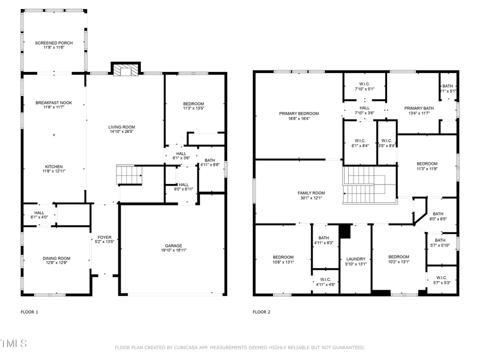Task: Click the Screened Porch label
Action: [53, 43]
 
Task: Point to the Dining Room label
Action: [57, 259]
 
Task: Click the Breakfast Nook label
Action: [53, 103]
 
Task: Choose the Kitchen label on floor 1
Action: [53, 166]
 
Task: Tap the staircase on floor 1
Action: [130, 174]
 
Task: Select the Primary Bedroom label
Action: [299, 114]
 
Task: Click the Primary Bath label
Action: [419, 108]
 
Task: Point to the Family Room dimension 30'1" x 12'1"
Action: [311, 198]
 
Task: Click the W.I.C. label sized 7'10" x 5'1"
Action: [365, 89]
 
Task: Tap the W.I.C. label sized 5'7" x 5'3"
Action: [442, 283]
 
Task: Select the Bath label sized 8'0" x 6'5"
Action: [438, 219]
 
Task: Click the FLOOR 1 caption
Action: [29, 312]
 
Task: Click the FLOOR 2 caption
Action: [261, 312]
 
